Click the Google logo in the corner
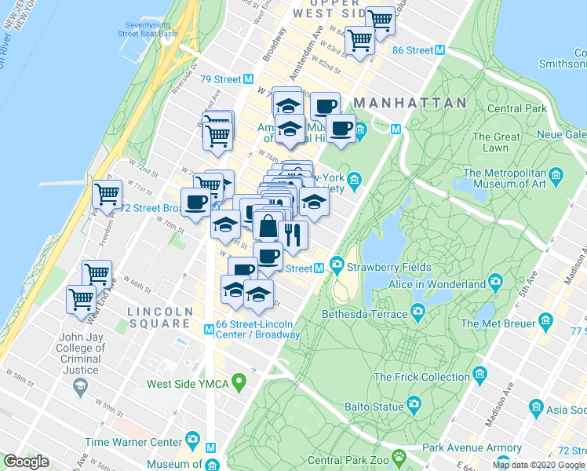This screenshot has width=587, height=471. tap(26, 462)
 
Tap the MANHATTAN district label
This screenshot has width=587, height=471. tap(410, 103)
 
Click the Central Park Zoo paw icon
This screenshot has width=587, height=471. tap(399, 455)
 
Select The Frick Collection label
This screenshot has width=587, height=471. tap(422, 377)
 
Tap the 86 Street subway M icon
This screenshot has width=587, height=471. tap(440, 49)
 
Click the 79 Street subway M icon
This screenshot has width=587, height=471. tap(248, 78)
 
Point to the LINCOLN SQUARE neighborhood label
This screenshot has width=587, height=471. tap(160, 318)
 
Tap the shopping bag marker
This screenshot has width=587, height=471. tap(268, 227)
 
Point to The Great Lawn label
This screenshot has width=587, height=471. tap(496, 142)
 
